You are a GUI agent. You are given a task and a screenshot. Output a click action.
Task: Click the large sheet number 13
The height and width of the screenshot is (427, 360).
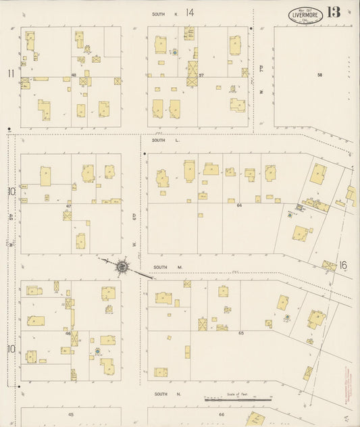coord(333,12)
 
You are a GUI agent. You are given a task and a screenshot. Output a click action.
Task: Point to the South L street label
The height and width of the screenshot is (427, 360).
coord(159,140)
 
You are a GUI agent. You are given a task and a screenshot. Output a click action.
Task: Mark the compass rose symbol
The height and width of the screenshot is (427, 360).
coord(122,267)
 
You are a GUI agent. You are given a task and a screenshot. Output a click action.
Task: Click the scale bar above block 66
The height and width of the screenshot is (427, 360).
coord(238,399)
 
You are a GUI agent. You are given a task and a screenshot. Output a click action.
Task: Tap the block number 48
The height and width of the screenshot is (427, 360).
coord(72,75)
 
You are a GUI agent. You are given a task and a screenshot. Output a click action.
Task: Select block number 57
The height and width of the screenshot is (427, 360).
coord(202,75)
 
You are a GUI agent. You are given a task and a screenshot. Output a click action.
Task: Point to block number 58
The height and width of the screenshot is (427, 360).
coord(319,75)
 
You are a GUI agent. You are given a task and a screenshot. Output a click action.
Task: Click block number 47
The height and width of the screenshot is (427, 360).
coord(69,205)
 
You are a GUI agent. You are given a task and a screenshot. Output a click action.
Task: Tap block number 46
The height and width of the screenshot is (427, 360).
coord(68,333)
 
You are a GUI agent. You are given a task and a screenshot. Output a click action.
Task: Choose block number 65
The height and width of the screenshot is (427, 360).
coord(241,332)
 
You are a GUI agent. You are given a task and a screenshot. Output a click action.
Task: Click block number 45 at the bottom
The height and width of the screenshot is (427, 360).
coord(70,414)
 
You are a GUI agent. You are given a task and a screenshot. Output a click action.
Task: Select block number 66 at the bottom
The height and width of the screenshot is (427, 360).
coord(221,414)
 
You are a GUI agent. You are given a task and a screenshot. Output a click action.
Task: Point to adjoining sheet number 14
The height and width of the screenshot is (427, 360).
coord(190,12)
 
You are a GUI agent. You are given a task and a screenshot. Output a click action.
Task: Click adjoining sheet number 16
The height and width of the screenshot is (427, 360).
coord(343,265)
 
